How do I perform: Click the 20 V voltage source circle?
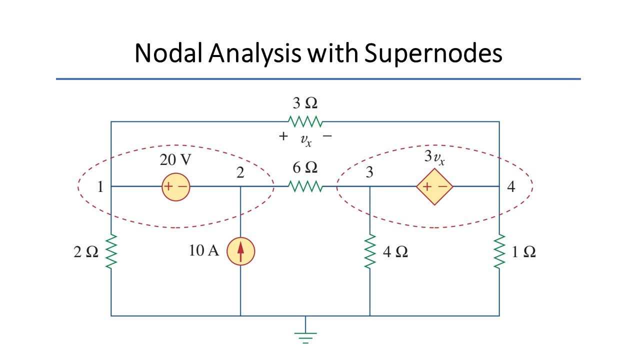175,187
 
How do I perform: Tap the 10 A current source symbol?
240,251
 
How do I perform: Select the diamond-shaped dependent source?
434,187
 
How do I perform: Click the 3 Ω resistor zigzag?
305,121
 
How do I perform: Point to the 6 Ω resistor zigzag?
305,186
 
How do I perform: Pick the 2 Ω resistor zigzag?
111,251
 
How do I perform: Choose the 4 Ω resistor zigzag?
369,251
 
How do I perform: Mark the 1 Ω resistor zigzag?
499,251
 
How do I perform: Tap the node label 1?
100,187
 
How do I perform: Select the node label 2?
240,172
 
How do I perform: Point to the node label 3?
369,172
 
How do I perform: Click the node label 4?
511,186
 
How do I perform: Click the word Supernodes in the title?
433,53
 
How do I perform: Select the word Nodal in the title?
169,53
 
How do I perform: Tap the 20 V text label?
175,159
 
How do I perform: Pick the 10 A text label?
204,250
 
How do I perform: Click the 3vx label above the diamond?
434,157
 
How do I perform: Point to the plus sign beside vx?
283,136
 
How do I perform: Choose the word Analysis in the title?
255,53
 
